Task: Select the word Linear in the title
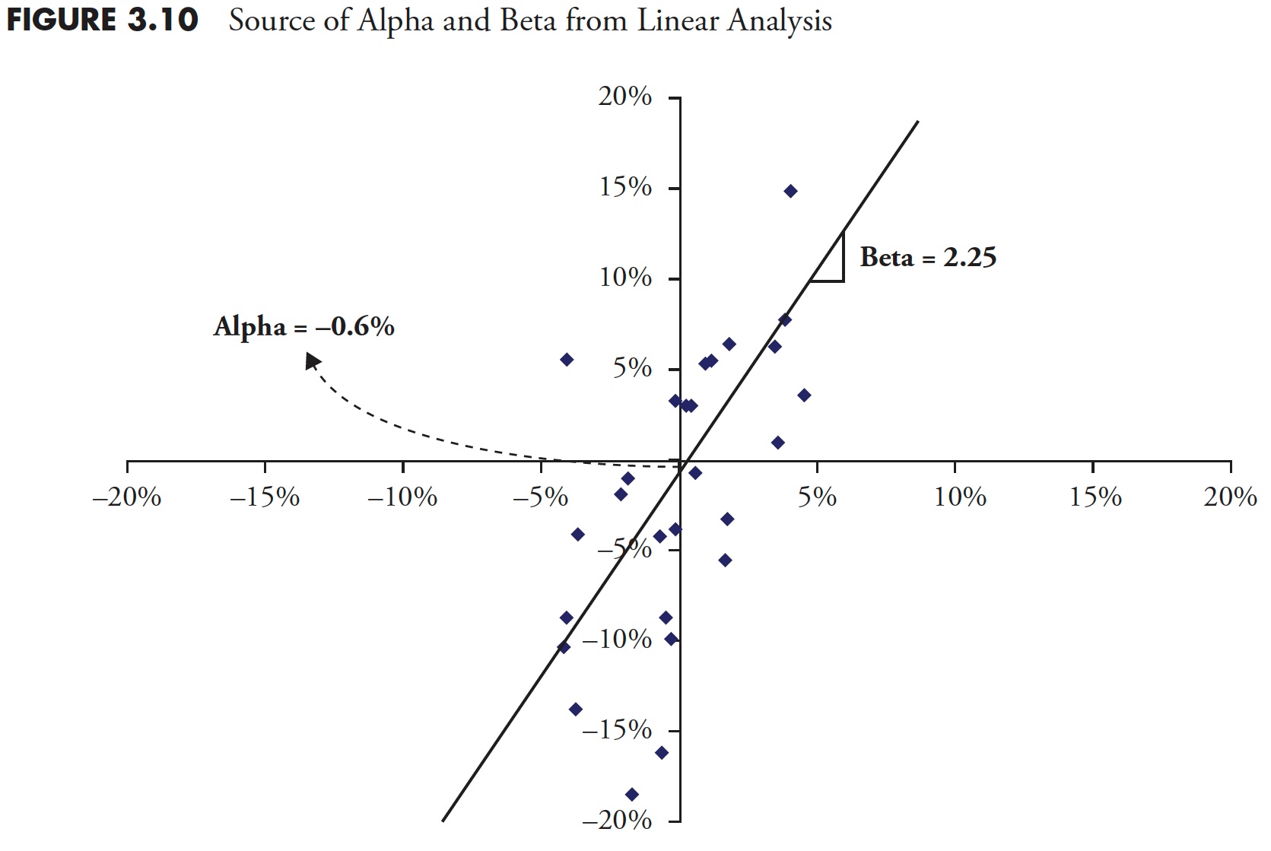(678, 21)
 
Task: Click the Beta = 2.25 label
(927, 258)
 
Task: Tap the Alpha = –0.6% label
(303, 327)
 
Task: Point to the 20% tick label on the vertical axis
(625, 97)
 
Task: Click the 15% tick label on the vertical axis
(625, 187)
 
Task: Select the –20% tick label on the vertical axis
(617, 820)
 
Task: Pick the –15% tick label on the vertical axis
(617, 730)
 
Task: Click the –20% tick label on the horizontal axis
(126, 497)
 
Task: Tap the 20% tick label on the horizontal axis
(1230, 497)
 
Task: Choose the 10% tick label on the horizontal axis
(960, 497)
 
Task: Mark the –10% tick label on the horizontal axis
(402, 497)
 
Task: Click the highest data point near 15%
(790, 191)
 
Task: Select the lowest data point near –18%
(631, 795)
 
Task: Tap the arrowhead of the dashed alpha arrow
(312, 360)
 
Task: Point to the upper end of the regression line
(917, 122)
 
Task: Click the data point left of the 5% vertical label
(567, 360)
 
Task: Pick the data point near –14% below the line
(576, 710)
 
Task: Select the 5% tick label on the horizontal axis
(817, 497)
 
